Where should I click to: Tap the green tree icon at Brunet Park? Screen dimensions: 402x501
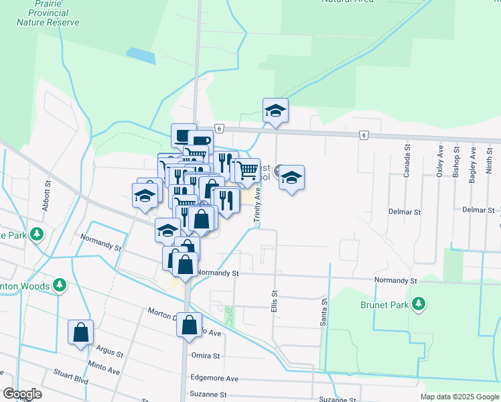(x=419, y=304)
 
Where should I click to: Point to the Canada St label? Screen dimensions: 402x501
(x=406, y=161)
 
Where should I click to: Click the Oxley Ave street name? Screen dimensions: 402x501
(x=440, y=160)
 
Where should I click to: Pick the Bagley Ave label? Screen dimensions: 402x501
(x=472, y=162)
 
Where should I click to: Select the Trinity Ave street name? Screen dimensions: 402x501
(x=257, y=204)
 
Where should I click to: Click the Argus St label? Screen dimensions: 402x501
(x=110, y=352)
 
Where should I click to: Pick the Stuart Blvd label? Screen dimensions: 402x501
(x=71, y=380)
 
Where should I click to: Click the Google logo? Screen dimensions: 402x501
(x=22, y=394)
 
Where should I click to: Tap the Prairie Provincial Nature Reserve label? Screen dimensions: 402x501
(x=48, y=13)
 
